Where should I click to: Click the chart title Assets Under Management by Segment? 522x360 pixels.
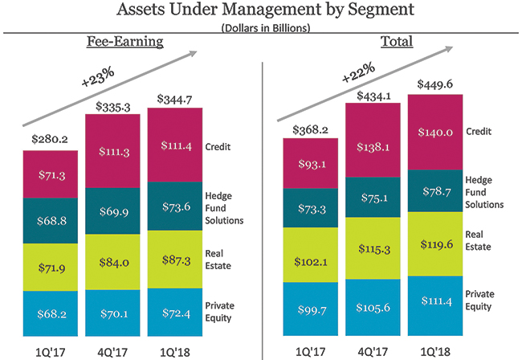tap(261, 11)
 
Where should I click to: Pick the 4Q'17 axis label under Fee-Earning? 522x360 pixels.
tap(112, 350)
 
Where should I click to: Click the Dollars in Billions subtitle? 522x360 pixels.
tap(261, 28)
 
